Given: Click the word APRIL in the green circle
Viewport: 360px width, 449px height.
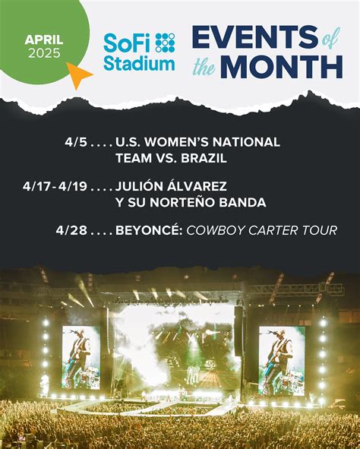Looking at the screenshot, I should tap(44, 39).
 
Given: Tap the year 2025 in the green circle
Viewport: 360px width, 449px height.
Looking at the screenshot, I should tap(44, 53).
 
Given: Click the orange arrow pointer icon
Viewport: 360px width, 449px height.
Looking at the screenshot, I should tap(78, 74).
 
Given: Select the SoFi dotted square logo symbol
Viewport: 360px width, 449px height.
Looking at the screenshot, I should tap(165, 43).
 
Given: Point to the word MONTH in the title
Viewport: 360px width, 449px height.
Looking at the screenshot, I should tap(282, 66).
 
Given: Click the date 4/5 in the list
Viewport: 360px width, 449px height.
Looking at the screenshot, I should tap(77, 142).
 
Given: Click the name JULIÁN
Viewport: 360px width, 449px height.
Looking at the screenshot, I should tap(141, 186).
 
